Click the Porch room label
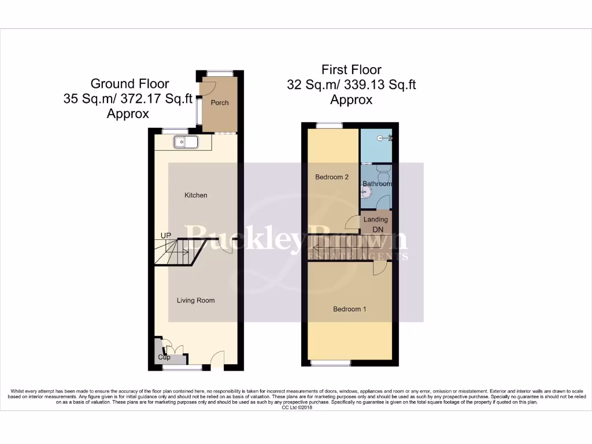click(x=220, y=103)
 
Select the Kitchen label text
click(x=195, y=195)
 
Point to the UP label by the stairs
click(x=166, y=236)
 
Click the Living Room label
click(x=195, y=301)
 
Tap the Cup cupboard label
click(x=164, y=357)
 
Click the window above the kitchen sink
click(x=175, y=131)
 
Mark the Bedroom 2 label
click(x=332, y=177)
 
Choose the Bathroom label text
click(x=377, y=184)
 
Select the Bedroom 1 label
click(x=350, y=309)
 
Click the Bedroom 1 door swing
click(x=379, y=268)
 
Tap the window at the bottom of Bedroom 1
click(x=332, y=363)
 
